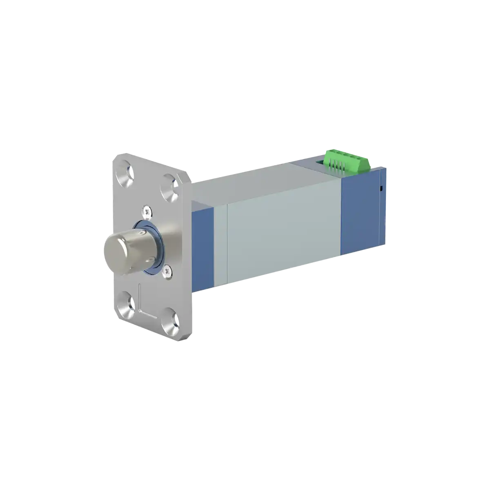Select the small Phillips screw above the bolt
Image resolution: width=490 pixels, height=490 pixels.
point(147,211)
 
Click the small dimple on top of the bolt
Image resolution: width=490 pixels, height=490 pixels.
point(140,233)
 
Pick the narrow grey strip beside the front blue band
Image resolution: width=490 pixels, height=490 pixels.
point(220,245)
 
